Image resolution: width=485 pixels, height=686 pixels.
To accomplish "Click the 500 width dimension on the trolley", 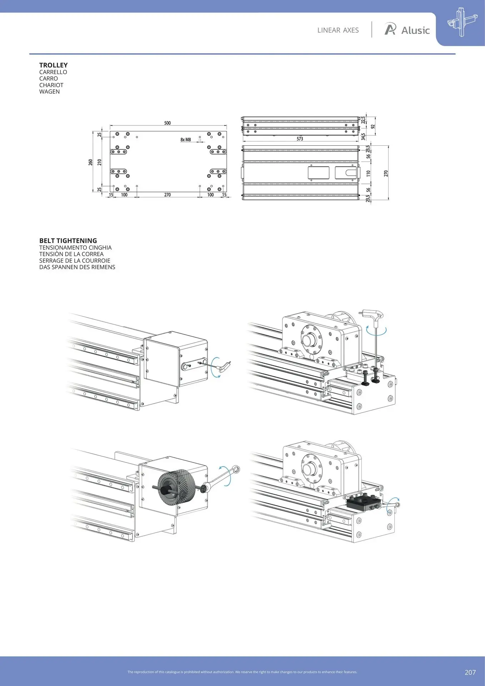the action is click(167, 123).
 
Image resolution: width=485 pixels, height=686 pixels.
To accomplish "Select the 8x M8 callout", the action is click(186, 140).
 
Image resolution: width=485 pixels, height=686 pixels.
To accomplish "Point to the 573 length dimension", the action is click(300, 139).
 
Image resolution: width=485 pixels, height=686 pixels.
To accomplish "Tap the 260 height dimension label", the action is click(91, 162).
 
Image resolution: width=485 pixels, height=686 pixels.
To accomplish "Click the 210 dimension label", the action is click(100, 162).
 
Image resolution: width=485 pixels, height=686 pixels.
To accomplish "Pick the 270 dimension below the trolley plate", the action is click(167, 195).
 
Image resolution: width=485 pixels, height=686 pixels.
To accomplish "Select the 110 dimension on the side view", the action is click(368, 173).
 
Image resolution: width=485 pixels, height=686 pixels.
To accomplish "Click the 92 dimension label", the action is click(373, 126).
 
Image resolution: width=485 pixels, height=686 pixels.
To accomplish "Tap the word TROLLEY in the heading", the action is click(54, 65).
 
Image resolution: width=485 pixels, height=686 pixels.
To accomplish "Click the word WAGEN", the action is click(50, 91).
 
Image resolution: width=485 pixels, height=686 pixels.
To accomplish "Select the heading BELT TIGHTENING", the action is click(68, 241).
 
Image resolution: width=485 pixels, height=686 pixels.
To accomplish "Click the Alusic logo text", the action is click(415, 30).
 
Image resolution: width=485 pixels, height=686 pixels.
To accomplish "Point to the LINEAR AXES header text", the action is click(338, 30).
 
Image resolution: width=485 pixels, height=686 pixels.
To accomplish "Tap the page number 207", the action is click(470, 672).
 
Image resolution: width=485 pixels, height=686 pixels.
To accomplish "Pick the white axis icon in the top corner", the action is click(461, 23).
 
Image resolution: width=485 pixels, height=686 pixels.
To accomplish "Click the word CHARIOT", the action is click(51, 85).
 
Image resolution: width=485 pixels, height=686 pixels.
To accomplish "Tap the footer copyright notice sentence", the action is click(242, 672).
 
